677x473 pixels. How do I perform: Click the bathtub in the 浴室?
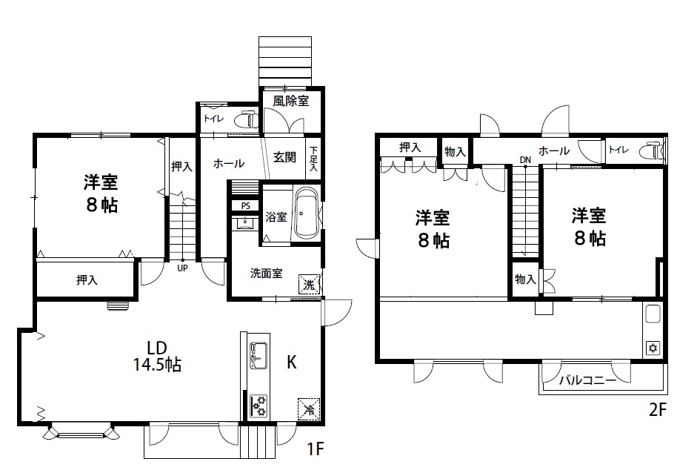(x=306, y=213)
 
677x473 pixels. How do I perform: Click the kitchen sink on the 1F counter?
(x=259, y=356)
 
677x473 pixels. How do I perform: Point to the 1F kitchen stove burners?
(x=259, y=406)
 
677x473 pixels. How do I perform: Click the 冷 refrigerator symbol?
(x=309, y=408)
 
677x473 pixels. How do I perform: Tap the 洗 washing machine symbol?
(x=309, y=285)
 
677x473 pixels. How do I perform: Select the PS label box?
(x=245, y=205)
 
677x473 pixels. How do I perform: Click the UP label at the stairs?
(x=183, y=268)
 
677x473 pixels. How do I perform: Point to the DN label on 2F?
(x=525, y=160)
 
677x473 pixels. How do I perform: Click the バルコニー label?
(x=587, y=380)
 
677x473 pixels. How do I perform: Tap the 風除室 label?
(x=290, y=101)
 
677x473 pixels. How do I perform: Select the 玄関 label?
(x=284, y=157)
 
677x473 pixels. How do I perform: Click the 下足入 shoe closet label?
(x=313, y=159)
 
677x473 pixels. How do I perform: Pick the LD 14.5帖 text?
(x=157, y=357)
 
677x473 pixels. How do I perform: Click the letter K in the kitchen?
(x=292, y=363)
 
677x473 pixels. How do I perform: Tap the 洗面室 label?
(x=267, y=274)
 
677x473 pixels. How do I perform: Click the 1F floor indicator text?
(x=316, y=449)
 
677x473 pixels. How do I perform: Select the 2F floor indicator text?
(x=658, y=409)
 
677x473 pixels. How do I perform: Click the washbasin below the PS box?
(x=245, y=223)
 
